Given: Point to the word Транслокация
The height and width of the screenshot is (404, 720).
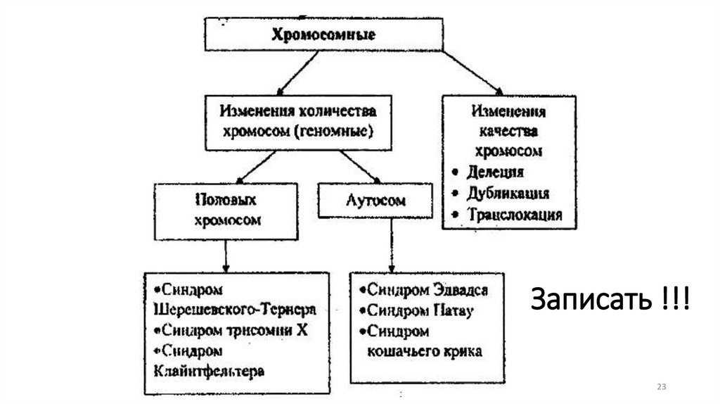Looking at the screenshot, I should click(x=515, y=215).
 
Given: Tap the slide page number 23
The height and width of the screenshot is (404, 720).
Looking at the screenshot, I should click(x=661, y=388).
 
